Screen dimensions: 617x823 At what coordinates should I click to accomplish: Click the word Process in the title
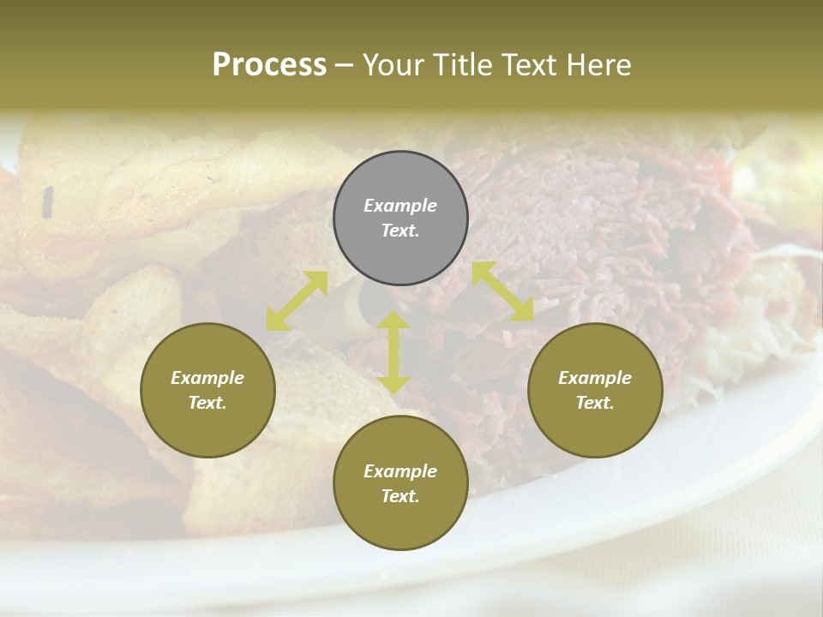point(269,65)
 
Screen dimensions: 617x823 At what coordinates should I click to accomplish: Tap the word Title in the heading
point(462,65)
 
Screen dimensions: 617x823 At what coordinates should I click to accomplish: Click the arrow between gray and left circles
point(297,301)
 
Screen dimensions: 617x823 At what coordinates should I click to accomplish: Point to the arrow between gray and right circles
point(502,291)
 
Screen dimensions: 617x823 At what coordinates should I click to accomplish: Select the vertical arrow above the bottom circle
point(393,352)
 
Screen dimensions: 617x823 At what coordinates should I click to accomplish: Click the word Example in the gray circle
point(400,206)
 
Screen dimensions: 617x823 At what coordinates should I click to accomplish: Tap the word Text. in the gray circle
point(400,231)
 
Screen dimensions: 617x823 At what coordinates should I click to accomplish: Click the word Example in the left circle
point(207,378)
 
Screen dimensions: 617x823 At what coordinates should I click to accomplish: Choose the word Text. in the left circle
point(207,403)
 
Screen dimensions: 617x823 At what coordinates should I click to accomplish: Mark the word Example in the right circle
point(595,378)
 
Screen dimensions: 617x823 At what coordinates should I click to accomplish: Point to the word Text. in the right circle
point(595,403)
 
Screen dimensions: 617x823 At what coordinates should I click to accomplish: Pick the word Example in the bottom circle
point(400,471)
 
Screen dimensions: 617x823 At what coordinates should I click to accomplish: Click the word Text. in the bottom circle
point(400,496)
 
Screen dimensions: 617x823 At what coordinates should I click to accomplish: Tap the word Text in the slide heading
point(528,65)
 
